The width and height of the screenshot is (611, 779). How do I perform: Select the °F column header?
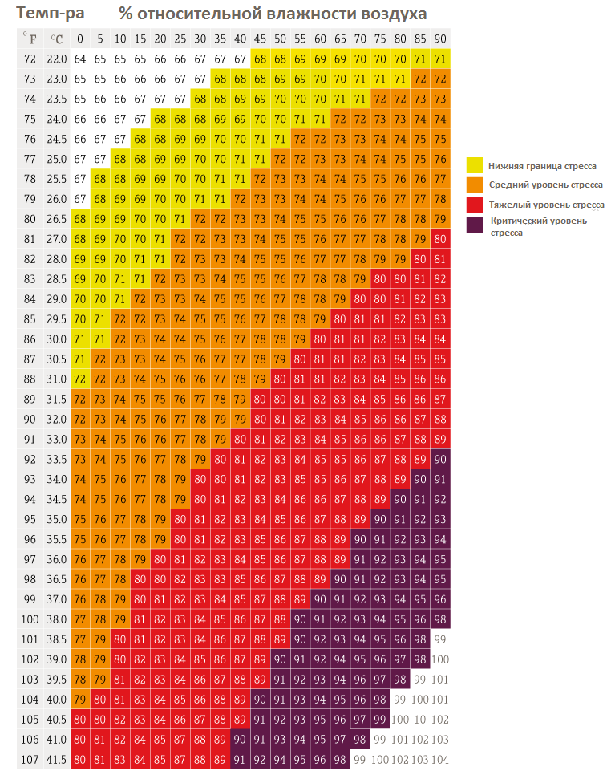click(x=30, y=39)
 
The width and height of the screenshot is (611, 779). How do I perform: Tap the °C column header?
click(x=56, y=39)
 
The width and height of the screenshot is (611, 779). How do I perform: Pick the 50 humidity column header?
click(x=280, y=39)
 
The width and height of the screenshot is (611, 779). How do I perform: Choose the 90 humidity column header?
click(x=440, y=39)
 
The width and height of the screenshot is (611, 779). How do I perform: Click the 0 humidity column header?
click(x=80, y=39)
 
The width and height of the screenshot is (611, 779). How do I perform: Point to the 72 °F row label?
click(x=30, y=59)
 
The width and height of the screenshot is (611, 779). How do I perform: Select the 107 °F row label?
click(x=30, y=758)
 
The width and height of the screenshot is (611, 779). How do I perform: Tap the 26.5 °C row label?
click(x=56, y=218)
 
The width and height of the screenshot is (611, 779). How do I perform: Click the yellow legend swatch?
click(x=475, y=165)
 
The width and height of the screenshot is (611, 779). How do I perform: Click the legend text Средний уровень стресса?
click(x=546, y=185)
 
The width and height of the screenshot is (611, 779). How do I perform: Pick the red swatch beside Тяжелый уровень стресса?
click(x=475, y=205)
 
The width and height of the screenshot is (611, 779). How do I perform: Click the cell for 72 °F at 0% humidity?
click(x=80, y=59)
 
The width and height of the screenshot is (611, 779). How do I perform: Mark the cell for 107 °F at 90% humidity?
click(x=440, y=758)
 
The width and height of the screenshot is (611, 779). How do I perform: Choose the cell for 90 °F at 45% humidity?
click(x=260, y=418)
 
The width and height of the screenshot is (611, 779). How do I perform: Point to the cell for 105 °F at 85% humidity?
click(x=420, y=719)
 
